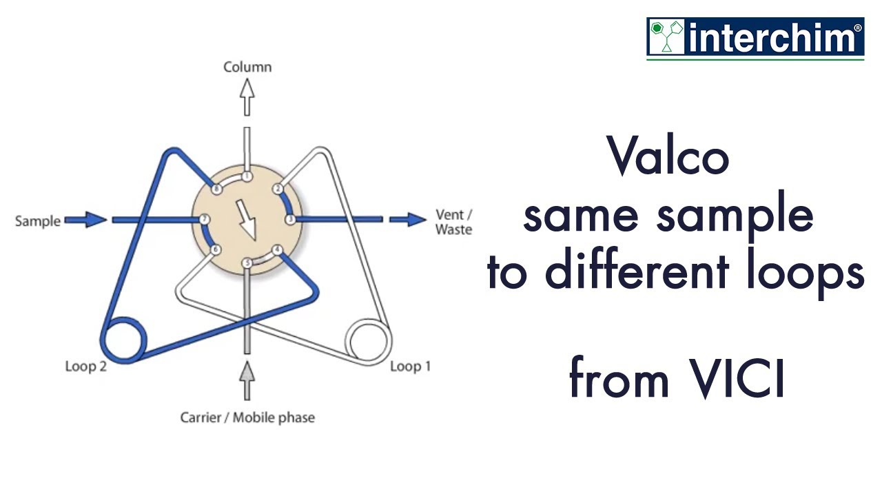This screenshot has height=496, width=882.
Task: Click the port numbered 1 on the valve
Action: coord(247,176)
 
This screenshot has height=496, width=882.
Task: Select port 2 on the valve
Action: coord(278,189)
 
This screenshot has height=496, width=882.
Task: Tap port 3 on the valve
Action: coord(290,219)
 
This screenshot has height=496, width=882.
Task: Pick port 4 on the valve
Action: coord(278,250)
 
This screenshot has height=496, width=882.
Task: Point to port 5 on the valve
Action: coord(247,262)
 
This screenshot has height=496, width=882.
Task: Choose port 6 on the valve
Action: coord(216,249)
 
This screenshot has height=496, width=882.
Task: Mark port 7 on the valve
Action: coord(204,219)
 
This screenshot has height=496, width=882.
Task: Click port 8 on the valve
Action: coord(216,189)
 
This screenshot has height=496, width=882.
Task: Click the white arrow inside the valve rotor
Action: coord(246,220)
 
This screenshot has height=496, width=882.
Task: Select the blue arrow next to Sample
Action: coord(87,220)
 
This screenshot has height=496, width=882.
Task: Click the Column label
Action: coord(247,67)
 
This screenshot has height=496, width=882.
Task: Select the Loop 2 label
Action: coord(85,366)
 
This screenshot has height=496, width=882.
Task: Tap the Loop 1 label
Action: coord(410,366)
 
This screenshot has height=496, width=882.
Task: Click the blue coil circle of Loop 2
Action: coord(125,340)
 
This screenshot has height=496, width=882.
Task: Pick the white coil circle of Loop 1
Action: coord(369,340)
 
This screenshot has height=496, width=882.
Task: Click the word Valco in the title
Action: coord(668,156)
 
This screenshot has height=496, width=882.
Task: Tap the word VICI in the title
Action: coord(735,380)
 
